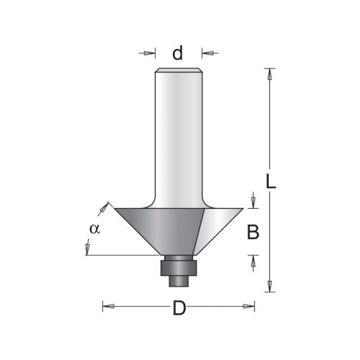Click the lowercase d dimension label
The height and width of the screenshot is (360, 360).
pos(178,53)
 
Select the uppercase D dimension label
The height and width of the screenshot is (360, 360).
pos(179,308)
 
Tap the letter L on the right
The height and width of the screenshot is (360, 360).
pos(271,181)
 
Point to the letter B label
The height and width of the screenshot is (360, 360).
pos(253,232)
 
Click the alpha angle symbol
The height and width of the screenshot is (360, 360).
pos(94,229)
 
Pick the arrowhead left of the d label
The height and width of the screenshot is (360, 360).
pos(149,53)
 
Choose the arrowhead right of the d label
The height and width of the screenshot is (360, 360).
pos(207,53)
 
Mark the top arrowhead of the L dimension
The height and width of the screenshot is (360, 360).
pos(270,74)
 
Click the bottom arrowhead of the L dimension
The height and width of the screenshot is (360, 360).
pos(270,286)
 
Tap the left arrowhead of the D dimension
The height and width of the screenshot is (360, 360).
pos(109,306)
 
